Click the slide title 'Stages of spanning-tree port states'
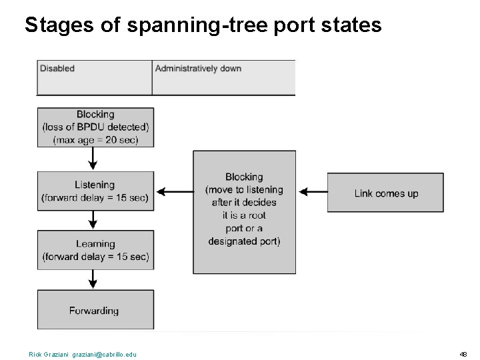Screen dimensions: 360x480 [203, 25]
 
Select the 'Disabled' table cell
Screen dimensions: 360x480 [94, 77]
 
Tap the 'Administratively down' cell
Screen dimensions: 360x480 [223, 77]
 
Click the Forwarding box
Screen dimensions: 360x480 [95, 310]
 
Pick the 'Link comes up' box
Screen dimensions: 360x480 [385, 193]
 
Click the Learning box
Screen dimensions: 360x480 [95, 250]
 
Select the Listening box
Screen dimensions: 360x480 [95, 191]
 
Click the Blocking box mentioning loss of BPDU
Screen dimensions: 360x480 [95, 127]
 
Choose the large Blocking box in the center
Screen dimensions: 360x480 [244, 211]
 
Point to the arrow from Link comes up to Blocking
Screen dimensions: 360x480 [312, 192]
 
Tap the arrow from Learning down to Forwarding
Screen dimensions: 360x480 [93, 279]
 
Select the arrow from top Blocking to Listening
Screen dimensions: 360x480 [93, 159]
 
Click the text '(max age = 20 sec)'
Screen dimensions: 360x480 [95, 139]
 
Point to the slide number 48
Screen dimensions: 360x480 [463, 354]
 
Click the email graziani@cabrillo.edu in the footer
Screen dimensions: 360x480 [104, 354]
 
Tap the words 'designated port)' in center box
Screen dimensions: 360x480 [244, 241]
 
